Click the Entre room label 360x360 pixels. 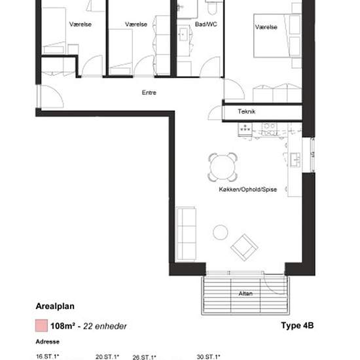coord(149,92)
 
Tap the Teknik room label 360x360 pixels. coord(246,111)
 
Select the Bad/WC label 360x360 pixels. coord(206,24)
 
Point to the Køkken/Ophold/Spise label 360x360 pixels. coord(247,189)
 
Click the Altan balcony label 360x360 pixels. coord(245,293)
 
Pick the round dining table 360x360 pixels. coord(223,167)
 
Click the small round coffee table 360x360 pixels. coord(221,232)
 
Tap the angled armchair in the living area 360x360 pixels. coord(244,247)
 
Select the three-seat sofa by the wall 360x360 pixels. coord(186,234)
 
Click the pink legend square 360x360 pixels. coord(41,325)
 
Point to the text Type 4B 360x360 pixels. coord(297,325)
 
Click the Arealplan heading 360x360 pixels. coord(55,306)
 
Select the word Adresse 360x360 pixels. coord(48,342)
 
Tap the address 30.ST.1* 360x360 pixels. coord(208,357)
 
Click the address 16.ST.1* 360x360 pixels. coord(48,357)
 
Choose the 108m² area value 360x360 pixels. coord(63,326)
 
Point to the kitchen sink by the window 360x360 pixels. coord(295,160)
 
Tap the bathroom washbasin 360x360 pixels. coord(183,35)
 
